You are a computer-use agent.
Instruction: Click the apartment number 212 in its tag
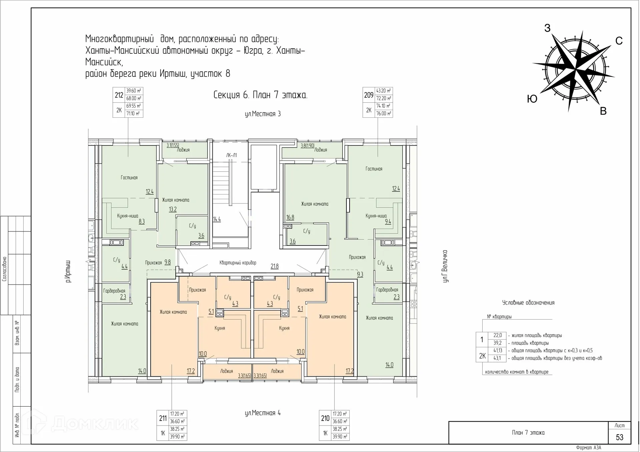[x=119, y=95]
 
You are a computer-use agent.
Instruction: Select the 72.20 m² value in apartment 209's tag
[x=383, y=98]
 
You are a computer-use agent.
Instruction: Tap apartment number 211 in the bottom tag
[x=163, y=418]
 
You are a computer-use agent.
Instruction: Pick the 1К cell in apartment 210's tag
[x=325, y=433]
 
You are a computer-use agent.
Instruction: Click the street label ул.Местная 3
[x=263, y=114]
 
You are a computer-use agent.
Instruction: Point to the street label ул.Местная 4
[x=263, y=413]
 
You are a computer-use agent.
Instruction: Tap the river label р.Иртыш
[x=68, y=272]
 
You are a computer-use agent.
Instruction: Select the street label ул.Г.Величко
[x=445, y=266]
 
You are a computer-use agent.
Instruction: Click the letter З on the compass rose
[x=547, y=28]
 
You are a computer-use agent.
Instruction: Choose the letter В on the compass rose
[x=603, y=111]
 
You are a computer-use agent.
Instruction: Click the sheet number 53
[x=619, y=437]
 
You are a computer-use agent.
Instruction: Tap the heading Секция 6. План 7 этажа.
[x=260, y=95]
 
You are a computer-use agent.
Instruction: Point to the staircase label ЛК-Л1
[x=231, y=155]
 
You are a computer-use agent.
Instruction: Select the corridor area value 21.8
[x=274, y=266]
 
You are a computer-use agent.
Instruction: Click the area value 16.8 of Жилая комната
[x=290, y=217]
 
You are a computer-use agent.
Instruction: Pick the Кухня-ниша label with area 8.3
[x=127, y=216]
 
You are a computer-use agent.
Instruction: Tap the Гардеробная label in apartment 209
[x=387, y=290]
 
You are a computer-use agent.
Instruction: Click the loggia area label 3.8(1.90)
[x=307, y=146]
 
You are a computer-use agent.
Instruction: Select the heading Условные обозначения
[x=528, y=303]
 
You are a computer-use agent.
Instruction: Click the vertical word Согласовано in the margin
[x=4, y=269]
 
